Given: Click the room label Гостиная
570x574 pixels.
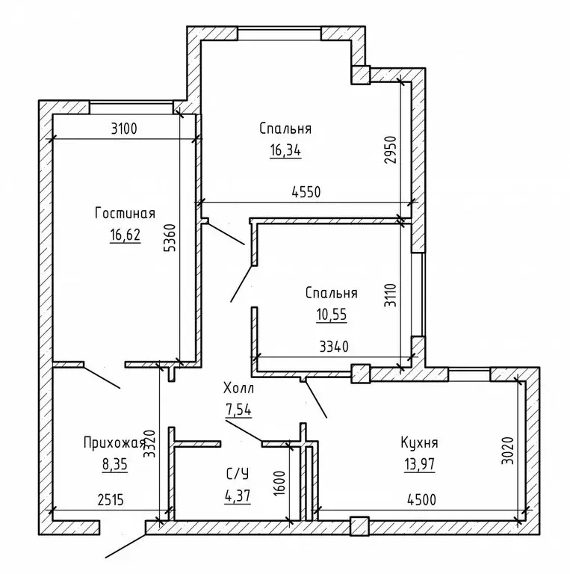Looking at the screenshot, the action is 125,213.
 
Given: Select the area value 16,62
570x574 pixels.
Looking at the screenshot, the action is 125,235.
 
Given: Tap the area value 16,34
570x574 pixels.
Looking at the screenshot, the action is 285,150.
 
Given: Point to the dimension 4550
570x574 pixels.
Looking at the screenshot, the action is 306,191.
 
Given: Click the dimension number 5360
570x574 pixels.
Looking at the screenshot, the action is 171,238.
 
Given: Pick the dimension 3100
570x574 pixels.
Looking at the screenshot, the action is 124,129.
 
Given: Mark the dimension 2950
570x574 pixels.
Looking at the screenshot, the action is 391,149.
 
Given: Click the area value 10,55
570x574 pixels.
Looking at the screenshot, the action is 332,315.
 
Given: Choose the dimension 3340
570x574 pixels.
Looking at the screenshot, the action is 334,346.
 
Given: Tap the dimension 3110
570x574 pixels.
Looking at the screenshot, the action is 391,296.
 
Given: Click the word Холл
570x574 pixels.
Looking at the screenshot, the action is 238,388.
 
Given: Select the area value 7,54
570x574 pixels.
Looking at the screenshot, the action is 238,410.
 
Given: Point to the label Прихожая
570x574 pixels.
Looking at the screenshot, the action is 114,443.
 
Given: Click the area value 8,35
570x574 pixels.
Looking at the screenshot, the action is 115,465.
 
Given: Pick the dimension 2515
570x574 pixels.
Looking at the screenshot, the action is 111,499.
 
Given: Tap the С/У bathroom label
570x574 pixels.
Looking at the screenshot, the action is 238,474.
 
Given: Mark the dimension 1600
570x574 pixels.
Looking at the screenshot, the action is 279,484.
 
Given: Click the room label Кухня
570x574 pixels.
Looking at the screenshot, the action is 419,443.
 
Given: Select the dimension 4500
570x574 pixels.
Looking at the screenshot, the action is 421,499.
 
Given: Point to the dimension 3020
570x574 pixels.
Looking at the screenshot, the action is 508,451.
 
